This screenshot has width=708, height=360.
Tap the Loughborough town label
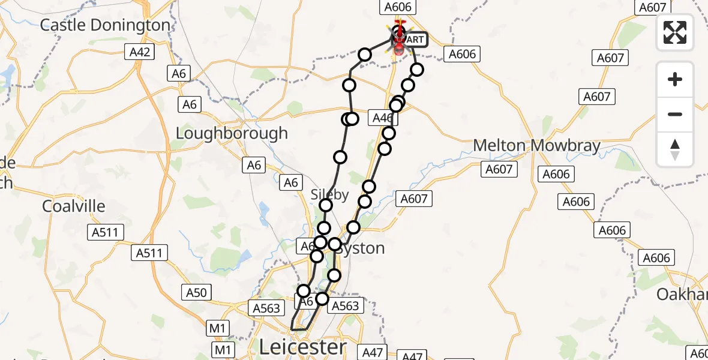tap(232, 133)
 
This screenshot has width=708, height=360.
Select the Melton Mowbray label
tap(536, 146)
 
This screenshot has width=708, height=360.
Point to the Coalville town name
tap(74, 206)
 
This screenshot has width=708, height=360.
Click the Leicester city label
tap(303, 346)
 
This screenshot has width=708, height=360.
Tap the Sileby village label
tap(329, 195)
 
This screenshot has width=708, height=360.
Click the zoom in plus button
tap(675, 79)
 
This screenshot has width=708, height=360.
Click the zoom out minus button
tap(675, 114)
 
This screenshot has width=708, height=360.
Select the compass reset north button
tap(675, 149)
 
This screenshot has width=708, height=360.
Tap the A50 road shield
tap(196, 293)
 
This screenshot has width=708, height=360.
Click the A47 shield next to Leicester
tap(372, 352)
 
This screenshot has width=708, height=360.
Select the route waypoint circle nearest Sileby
tap(326, 206)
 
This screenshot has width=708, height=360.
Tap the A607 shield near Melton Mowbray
tap(499, 170)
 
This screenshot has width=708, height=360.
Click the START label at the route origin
tap(414, 40)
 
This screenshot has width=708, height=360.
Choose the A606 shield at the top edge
tap(397, 7)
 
